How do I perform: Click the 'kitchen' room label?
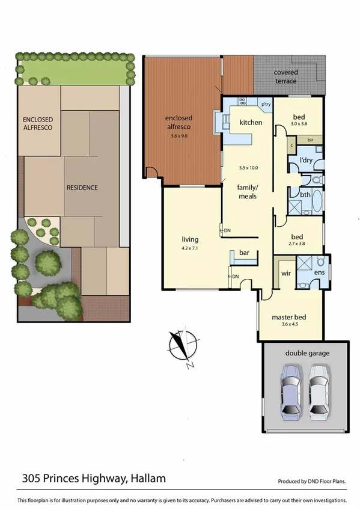(x=251, y=123)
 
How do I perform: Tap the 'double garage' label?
(x=307, y=353)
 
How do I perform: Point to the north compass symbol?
(x=179, y=348)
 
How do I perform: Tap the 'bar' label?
(x=245, y=253)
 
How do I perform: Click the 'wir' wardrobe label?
(x=285, y=273)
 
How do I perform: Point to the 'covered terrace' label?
(x=299, y=76)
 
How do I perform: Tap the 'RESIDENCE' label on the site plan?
(x=82, y=188)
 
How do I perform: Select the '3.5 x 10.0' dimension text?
(x=248, y=167)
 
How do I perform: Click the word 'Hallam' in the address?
(x=147, y=479)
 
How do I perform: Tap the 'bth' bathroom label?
(x=305, y=195)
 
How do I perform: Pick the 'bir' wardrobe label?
(x=311, y=140)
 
